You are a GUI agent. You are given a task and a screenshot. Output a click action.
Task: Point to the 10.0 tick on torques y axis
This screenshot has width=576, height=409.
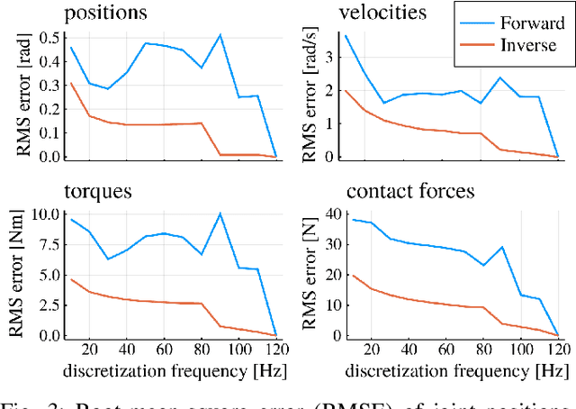(x=45, y=214)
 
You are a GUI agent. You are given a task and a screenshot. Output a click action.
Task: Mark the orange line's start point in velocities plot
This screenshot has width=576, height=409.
(x=346, y=90)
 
